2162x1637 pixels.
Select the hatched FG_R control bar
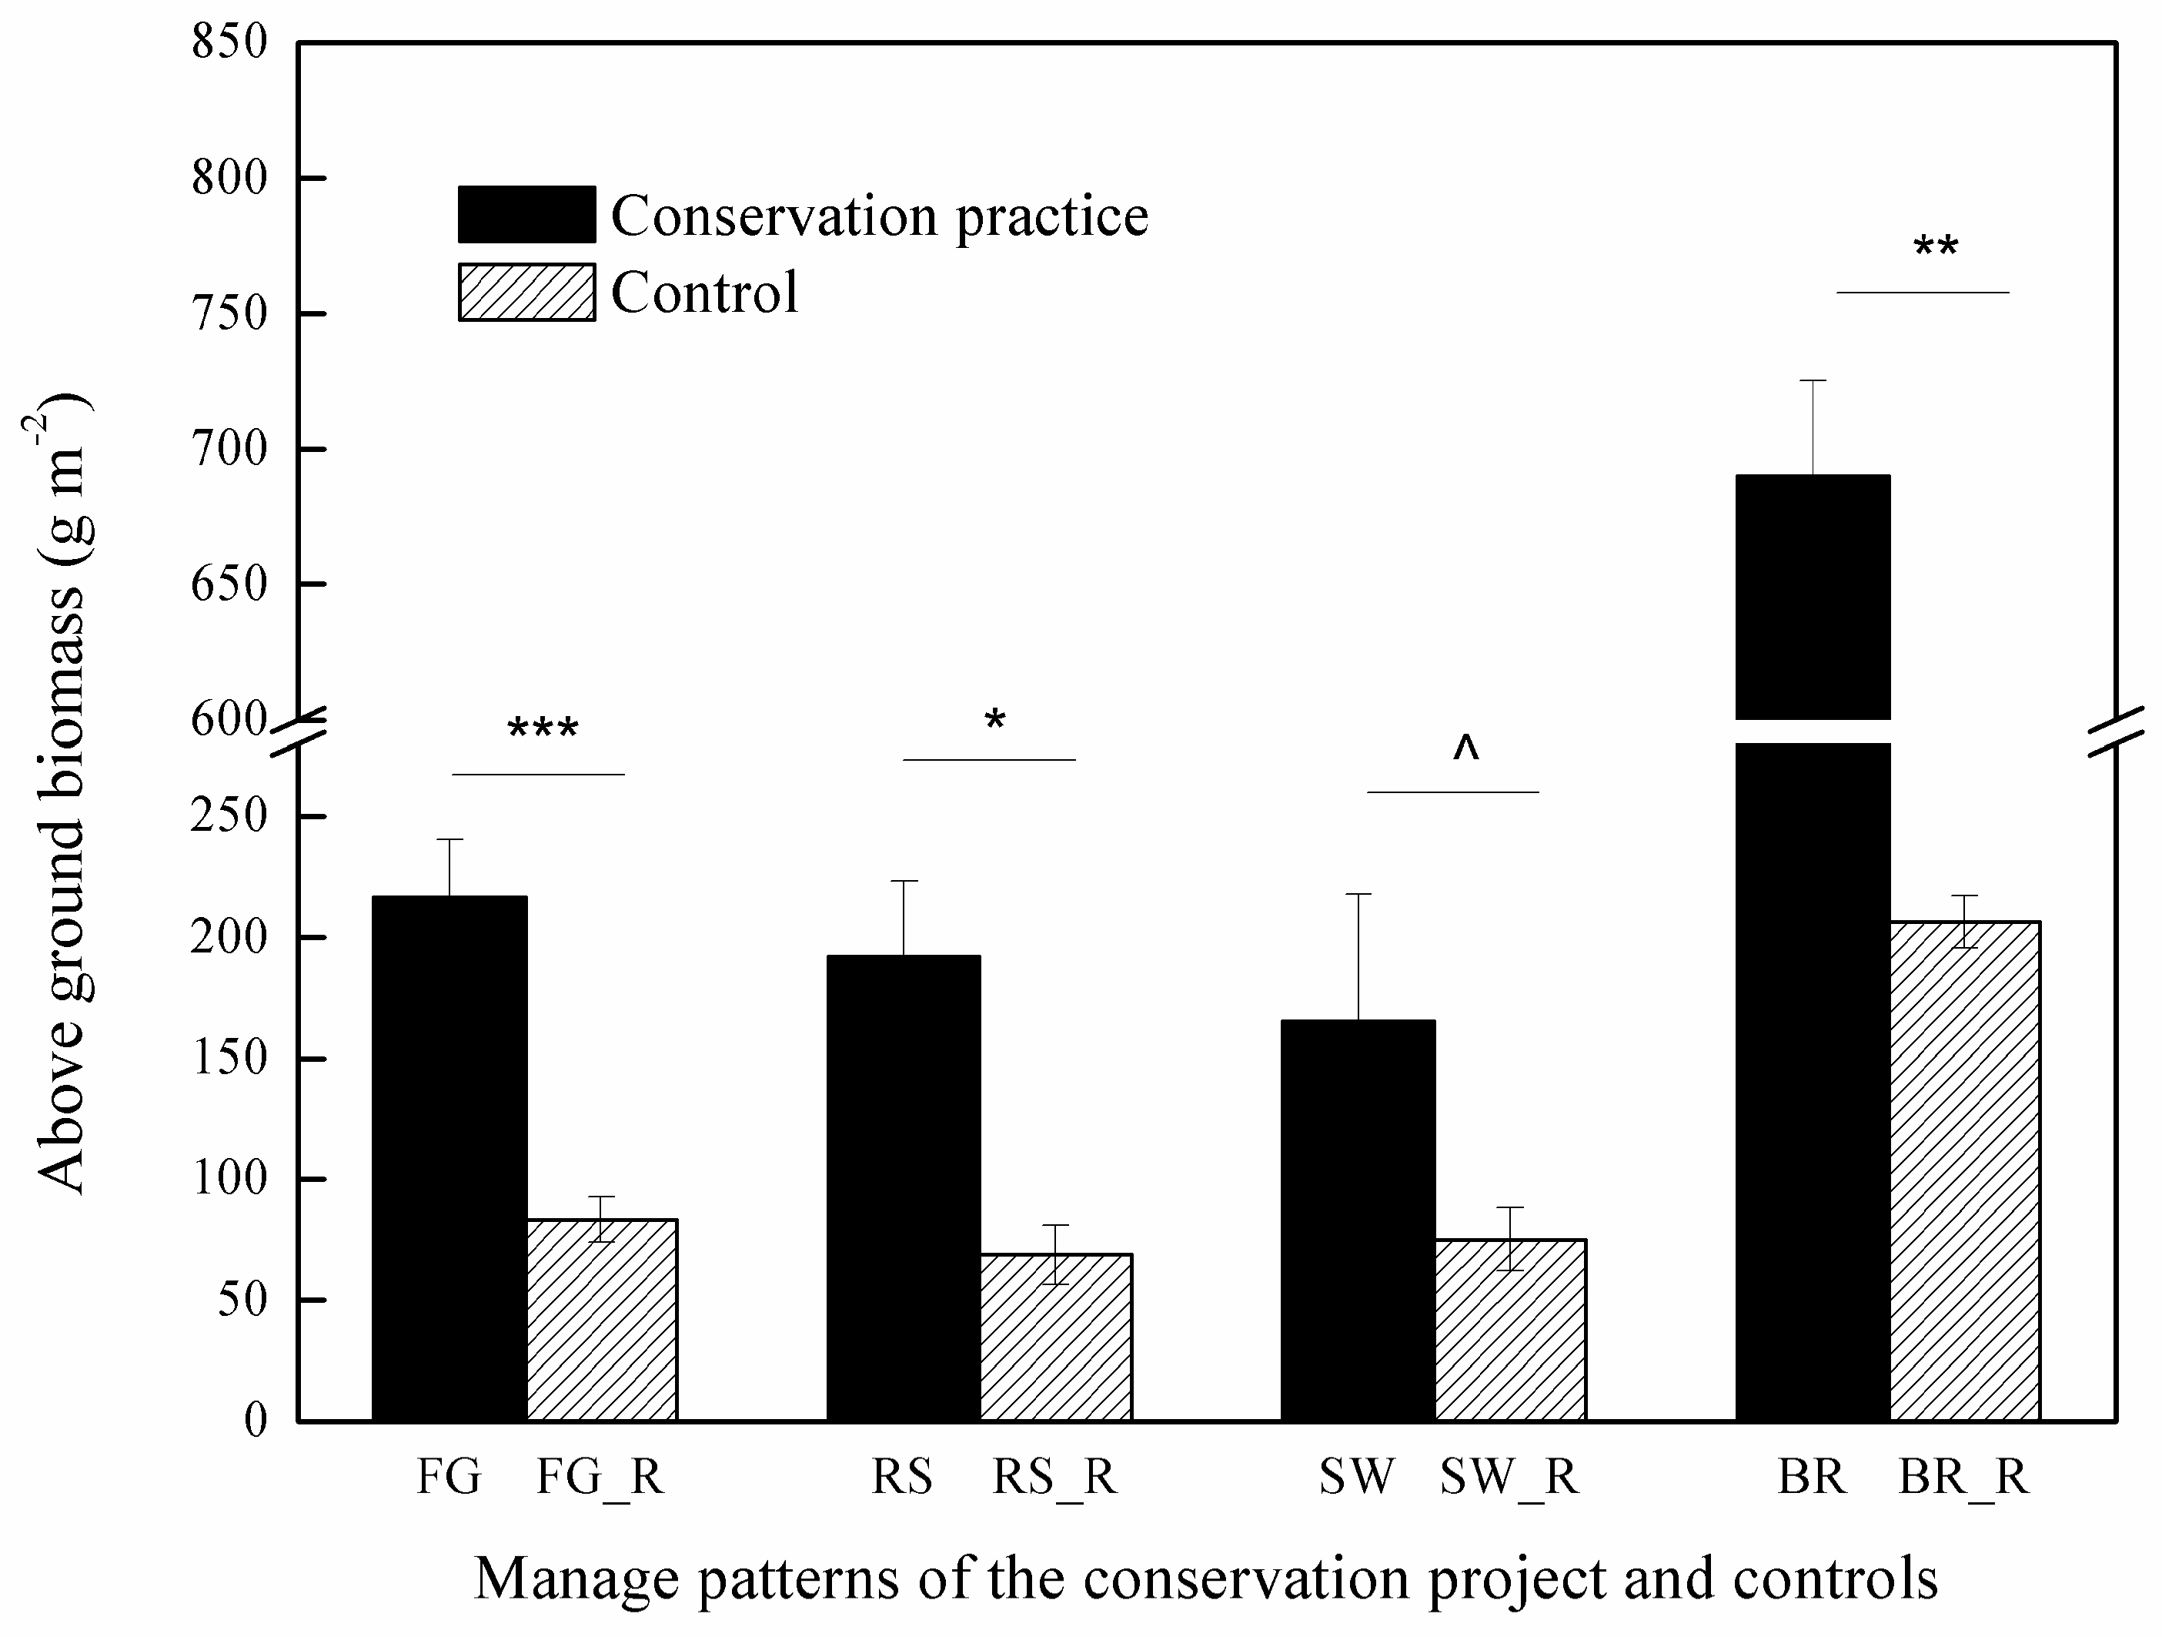[x=602, y=1321]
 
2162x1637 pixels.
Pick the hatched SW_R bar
[x=1510, y=1330]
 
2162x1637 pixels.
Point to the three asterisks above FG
[x=543, y=729]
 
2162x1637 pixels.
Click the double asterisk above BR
[x=1935, y=247]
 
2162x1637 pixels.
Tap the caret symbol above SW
[x=1465, y=748]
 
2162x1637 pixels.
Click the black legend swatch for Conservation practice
[x=526, y=214]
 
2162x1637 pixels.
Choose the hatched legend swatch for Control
[x=526, y=291]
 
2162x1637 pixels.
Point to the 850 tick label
[x=229, y=42]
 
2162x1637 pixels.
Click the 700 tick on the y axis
[x=229, y=449]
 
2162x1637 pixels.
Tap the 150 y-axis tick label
[x=229, y=1058]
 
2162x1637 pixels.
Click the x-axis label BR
[x=1811, y=1477]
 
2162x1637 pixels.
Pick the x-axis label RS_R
[x=1054, y=1477]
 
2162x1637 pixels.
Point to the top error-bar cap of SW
[x=1358, y=894]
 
